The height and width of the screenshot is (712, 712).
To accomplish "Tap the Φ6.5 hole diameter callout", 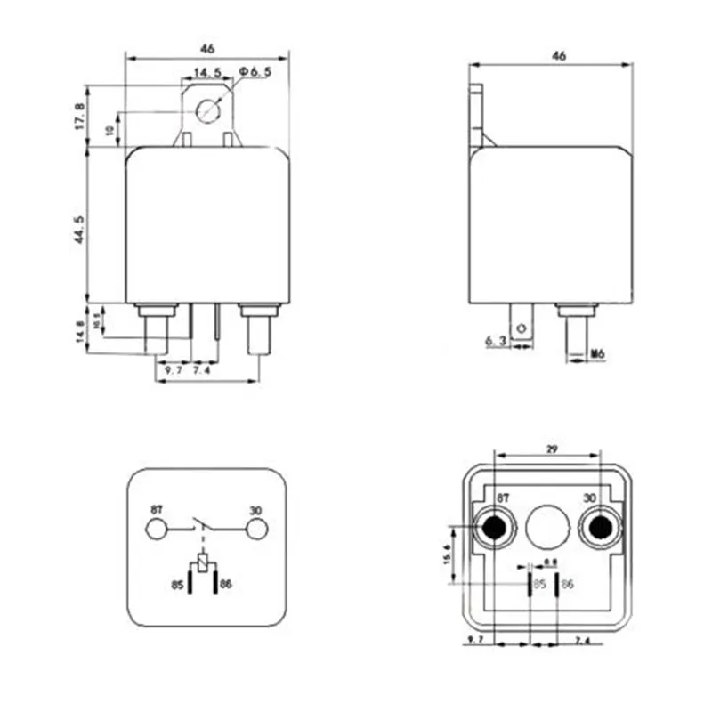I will (x=254, y=72).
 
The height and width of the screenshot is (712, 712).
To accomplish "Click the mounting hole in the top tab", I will (x=208, y=111).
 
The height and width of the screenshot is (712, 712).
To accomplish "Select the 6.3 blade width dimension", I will (x=496, y=341).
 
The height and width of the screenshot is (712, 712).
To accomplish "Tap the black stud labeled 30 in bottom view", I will (x=599, y=530).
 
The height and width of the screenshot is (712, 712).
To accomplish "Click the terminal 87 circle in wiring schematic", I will (x=156, y=530).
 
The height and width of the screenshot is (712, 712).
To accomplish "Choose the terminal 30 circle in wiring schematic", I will (x=256, y=530).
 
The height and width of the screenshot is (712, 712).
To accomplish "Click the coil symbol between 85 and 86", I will (x=205, y=562).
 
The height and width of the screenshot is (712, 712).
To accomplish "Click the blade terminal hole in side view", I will (x=524, y=324).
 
